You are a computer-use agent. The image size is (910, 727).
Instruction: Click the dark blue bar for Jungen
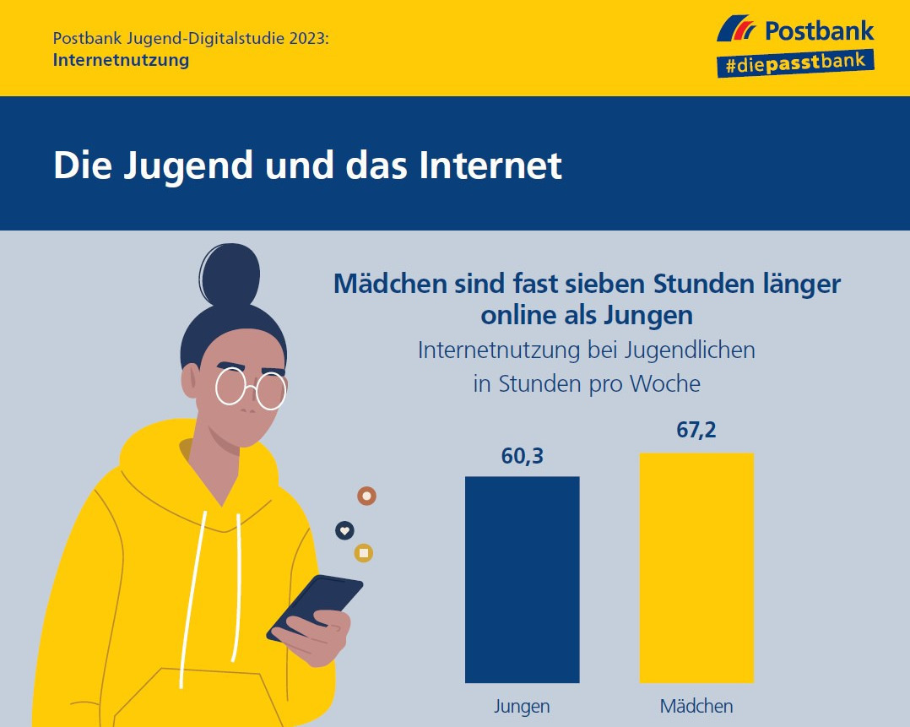pos(523,579)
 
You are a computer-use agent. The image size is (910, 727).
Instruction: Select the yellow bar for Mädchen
pos(696,567)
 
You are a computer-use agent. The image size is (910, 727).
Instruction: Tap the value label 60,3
pos(522,457)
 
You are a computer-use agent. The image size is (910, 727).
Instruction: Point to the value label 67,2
pos(696,431)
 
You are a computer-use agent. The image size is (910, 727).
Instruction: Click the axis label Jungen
pos(522,706)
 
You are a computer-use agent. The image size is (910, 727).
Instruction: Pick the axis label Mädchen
pos(696,706)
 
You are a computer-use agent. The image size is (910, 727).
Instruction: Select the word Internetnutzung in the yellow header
pos(121,61)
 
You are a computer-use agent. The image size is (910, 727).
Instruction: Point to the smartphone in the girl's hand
pos(314,606)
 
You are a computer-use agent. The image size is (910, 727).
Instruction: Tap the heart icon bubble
pos(344,530)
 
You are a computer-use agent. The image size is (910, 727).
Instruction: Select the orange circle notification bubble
pos(366,496)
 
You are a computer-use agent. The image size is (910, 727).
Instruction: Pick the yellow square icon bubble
pos(364,554)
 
